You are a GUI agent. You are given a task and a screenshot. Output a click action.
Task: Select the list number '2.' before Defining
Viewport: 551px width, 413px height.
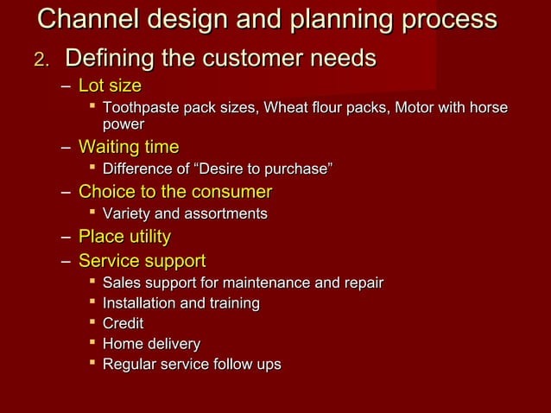coord(42,60)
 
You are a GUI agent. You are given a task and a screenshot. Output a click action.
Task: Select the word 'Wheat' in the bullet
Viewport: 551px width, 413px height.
coord(285,108)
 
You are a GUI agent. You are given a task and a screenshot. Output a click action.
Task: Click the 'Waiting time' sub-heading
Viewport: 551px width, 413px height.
coord(129,147)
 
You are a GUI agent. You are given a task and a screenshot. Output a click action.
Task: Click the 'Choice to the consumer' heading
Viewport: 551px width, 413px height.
coord(175,191)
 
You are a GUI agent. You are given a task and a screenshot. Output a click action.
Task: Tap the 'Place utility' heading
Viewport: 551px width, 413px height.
coord(124,236)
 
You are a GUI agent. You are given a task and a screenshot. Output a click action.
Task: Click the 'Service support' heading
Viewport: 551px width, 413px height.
coord(142,260)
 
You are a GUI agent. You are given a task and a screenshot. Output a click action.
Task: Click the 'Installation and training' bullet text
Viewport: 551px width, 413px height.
coord(181,303)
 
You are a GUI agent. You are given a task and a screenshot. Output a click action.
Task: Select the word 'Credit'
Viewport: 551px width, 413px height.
coord(123,324)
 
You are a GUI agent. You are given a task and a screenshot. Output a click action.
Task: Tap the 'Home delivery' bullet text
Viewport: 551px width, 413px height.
coord(151,344)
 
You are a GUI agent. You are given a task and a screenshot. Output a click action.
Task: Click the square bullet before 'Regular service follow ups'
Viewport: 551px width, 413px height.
coord(92,364)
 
